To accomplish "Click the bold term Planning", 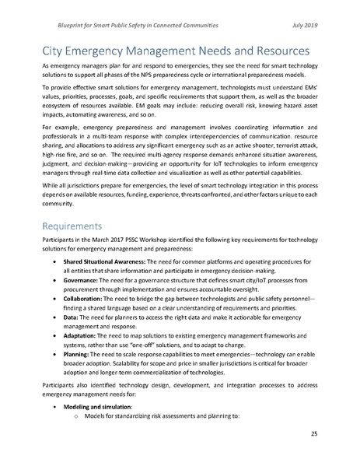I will pos(78,377).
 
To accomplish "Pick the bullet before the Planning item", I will pos(52,377).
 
